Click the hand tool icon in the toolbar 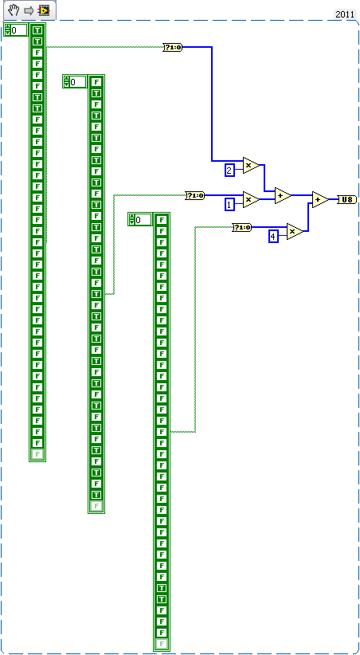point(13,10)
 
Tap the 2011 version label point(344,14)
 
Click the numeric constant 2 point(229,170)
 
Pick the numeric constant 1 point(230,205)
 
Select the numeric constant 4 point(273,236)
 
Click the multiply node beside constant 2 point(250,165)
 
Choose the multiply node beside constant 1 point(250,200)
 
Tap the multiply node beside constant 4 point(294,231)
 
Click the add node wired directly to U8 point(319,199)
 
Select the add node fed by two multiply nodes point(282,194)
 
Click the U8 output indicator point(347,199)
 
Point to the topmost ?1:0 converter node point(172,48)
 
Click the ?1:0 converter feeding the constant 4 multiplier point(241,227)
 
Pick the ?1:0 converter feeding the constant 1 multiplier point(194,195)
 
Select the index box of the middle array point(77,82)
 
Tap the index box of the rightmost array point(143,220)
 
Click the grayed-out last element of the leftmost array point(37,454)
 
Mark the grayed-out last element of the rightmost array point(162,644)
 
